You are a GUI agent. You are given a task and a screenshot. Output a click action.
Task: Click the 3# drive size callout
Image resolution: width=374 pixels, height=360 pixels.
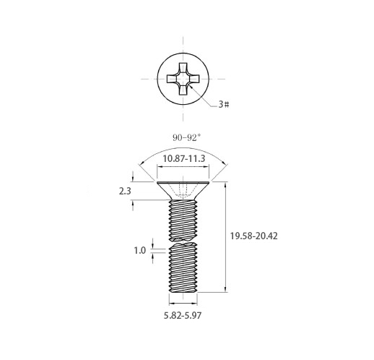point(224,104)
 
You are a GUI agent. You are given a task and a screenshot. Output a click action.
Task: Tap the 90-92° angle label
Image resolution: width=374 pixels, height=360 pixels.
point(186,137)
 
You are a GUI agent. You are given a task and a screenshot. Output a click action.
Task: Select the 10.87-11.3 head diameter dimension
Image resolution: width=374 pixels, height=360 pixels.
point(184,158)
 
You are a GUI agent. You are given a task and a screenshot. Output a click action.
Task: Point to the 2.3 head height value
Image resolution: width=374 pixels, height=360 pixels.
point(125,191)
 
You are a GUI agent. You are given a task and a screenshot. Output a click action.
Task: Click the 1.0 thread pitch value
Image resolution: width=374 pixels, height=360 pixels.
point(140,251)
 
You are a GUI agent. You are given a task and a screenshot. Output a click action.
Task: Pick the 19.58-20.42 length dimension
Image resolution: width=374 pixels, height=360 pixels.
point(253,236)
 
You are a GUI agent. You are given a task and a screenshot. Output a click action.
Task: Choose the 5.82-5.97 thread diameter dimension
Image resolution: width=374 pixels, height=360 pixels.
point(183,316)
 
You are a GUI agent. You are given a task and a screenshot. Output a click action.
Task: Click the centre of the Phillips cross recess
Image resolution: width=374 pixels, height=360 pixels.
point(183,79)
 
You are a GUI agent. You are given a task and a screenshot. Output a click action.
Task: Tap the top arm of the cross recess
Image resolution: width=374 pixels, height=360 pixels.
point(183,68)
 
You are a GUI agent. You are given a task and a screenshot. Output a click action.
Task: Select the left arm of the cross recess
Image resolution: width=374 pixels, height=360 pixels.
point(173,79)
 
